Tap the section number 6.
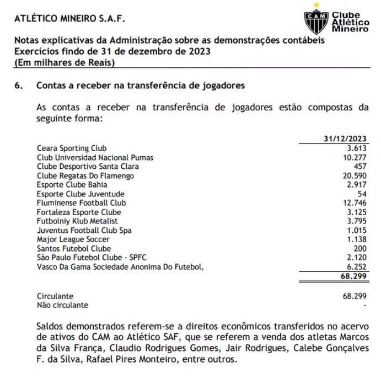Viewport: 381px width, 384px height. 18,86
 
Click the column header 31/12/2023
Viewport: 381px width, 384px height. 346,139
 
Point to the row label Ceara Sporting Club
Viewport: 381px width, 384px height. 72,148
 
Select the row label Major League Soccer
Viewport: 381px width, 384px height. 73,239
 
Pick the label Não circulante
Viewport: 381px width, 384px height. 62,305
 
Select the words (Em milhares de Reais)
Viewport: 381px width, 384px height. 65,62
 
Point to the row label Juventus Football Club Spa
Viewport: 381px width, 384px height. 84,231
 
